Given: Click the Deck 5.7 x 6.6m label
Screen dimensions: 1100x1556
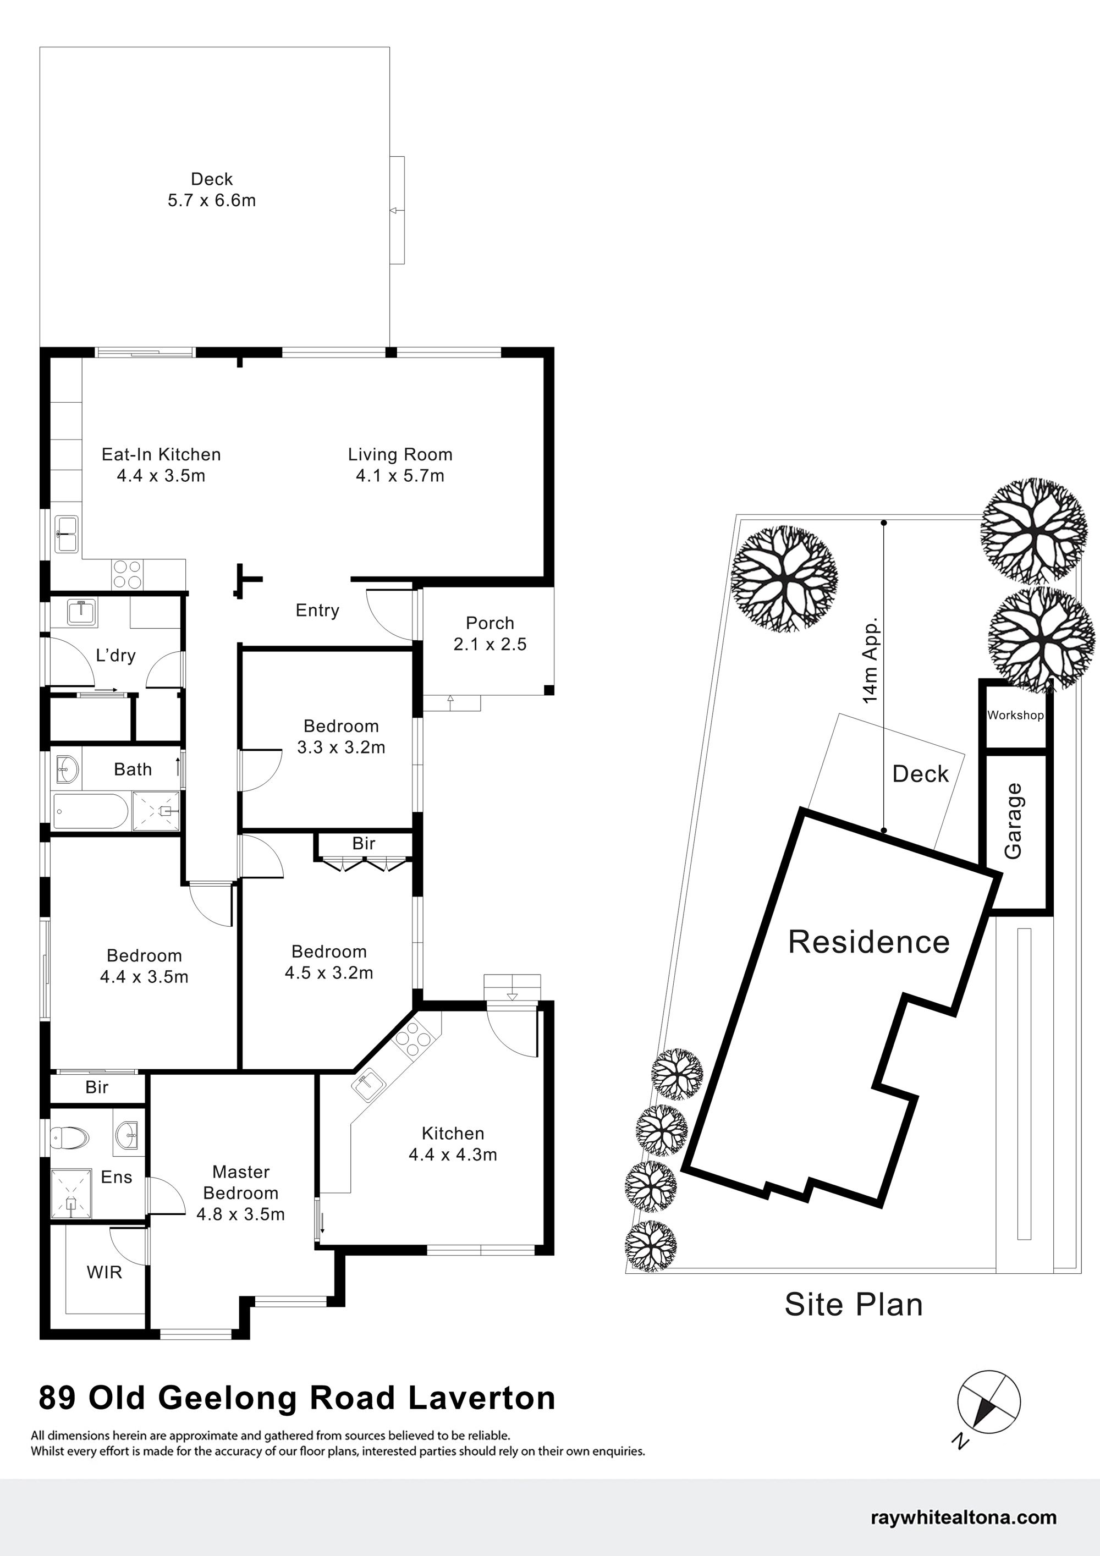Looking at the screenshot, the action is pyautogui.click(x=211, y=190).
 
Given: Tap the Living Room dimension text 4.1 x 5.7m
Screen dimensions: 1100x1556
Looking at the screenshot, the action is pyautogui.click(x=400, y=476).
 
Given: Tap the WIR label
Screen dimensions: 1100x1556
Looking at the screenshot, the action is pyautogui.click(x=105, y=1272).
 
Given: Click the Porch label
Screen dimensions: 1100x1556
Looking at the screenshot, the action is pyautogui.click(x=490, y=623).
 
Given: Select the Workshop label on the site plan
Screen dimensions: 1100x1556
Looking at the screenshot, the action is pyautogui.click(x=1015, y=715).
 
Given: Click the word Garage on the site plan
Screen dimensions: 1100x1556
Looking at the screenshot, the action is pyautogui.click(x=1013, y=821).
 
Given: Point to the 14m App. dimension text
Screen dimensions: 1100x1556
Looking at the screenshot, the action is pyautogui.click(x=870, y=659).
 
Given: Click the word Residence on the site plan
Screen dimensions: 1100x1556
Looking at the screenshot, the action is pyautogui.click(x=869, y=942).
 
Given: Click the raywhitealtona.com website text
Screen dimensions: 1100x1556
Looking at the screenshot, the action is pyautogui.click(x=964, y=1517).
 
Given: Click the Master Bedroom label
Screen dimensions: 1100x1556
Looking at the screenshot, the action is pyautogui.click(x=240, y=1183).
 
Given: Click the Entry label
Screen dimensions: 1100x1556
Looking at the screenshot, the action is pyautogui.click(x=317, y=611).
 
